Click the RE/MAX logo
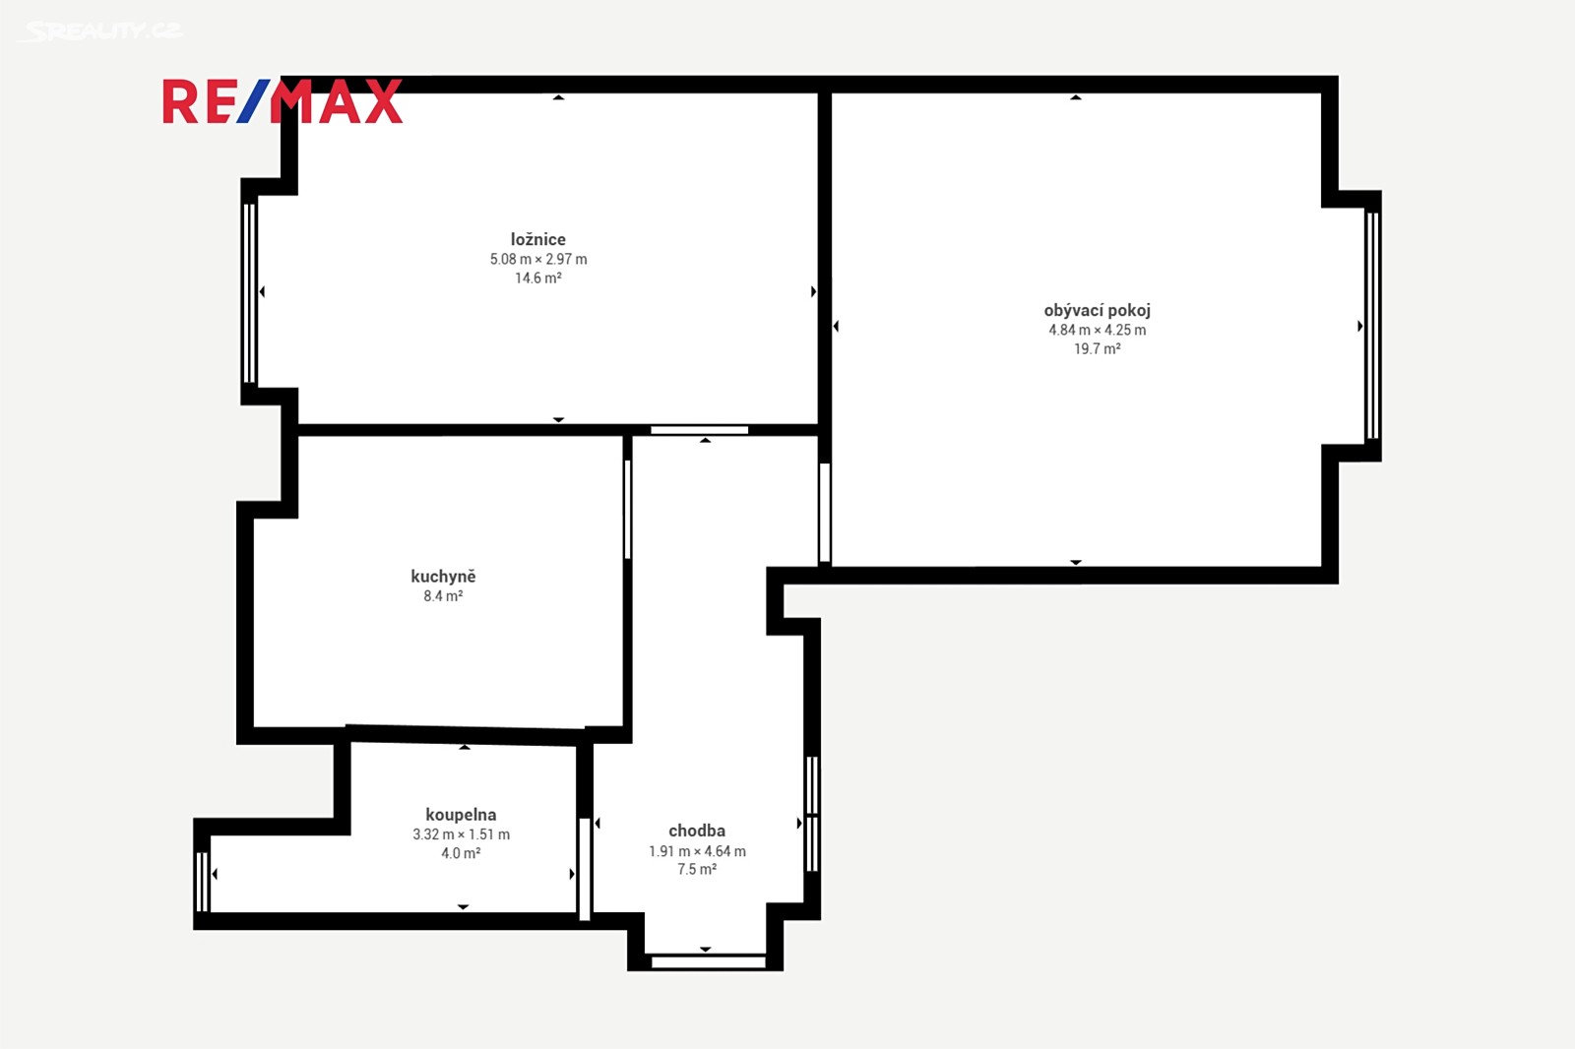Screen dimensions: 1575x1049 pos(283,102)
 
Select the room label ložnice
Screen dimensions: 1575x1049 pos(537,239)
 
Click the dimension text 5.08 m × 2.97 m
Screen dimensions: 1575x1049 pos(537,259)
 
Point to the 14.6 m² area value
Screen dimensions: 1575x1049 pos(537,278)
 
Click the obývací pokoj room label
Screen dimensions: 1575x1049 pos(1097,310)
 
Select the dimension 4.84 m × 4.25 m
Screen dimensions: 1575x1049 pos(1097,330)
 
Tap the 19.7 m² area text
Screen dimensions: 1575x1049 pos(1097,348)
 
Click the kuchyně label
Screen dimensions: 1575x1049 pos(443,577)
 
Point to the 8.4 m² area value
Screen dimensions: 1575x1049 pos(443,596)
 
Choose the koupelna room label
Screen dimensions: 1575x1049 pos(461,814)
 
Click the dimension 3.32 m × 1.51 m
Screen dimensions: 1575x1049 pos(461,834)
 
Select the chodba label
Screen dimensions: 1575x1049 pos(697,832)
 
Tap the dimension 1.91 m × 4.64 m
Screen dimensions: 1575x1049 pos(697,851)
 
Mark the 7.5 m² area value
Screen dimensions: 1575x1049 pos(697,870)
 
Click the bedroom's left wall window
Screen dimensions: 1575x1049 pos(249,292)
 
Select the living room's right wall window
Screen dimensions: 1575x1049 pos(1372,326)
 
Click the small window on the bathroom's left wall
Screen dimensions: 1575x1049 pos(202,882)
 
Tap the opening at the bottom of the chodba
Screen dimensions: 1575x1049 pos(708,961)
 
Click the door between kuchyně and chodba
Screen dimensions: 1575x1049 pos(627,509)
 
